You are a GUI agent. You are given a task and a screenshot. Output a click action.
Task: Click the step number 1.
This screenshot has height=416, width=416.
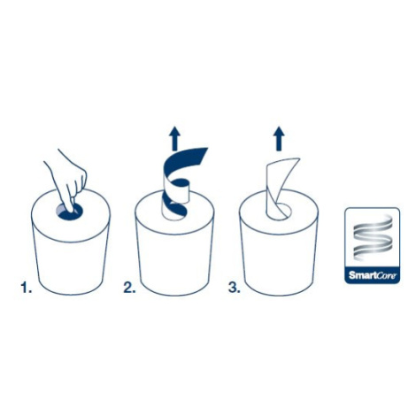tap(26, 288)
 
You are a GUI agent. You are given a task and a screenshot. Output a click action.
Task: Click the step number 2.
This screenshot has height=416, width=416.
tap(129, 288)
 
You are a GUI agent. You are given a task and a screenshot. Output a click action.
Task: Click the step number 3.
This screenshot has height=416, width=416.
tap(235, 288)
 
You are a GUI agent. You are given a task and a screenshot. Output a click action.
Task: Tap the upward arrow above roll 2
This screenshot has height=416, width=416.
tap(175, 138)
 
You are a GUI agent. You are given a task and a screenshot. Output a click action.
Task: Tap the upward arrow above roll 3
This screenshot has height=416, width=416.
tap(279, 139)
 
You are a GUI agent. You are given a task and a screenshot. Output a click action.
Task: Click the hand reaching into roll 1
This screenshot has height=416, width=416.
tap(68, 179)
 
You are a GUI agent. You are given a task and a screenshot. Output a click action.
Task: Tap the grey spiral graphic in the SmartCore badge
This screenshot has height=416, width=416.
tap(373, 238)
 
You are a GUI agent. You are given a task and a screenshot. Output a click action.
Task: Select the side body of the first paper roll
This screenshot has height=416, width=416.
tap(70, 263)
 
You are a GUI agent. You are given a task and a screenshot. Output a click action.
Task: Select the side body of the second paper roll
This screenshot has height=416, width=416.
tap(174, 263)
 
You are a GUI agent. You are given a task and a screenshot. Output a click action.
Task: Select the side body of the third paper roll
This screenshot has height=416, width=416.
tap(279, 263)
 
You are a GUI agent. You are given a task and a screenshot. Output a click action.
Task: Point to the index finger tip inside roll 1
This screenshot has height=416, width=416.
tap(71, 210)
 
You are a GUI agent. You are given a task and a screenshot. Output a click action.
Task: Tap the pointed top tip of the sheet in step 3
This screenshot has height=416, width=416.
tap(299, 159)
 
